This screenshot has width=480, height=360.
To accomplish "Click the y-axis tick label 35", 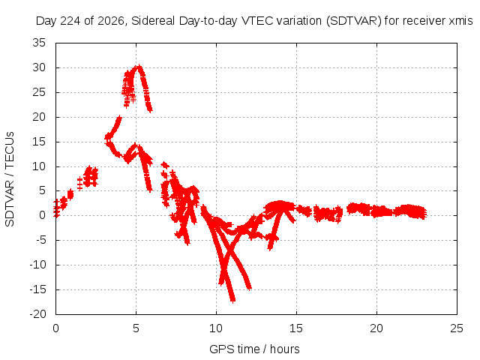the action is tap(39, 43).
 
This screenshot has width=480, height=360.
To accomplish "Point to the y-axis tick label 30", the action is tap(39, 67).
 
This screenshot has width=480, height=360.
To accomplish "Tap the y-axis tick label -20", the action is tap(37, 314).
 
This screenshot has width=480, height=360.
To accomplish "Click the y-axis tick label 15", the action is tap(39, 142).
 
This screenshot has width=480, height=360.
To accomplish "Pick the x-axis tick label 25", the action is tap(457, 328).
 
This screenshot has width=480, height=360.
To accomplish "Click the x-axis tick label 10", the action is tap(216, 328).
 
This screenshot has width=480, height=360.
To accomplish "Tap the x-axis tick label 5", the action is tap(136, 328).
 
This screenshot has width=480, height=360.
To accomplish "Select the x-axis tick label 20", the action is tap(376, 328).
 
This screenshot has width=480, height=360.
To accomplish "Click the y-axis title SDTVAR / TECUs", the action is tap(10, 179).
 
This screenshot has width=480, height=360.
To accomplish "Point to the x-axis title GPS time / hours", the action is tap(254, 349).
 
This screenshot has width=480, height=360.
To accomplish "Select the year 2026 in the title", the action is tap(111, 21).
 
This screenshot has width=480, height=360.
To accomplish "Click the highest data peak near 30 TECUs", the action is tap(139, 67).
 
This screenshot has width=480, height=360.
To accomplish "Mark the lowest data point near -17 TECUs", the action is tap(233, 301).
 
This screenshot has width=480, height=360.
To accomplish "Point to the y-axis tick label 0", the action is tap(42, 215).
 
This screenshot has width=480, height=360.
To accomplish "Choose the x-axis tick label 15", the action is tap(296, 328).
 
